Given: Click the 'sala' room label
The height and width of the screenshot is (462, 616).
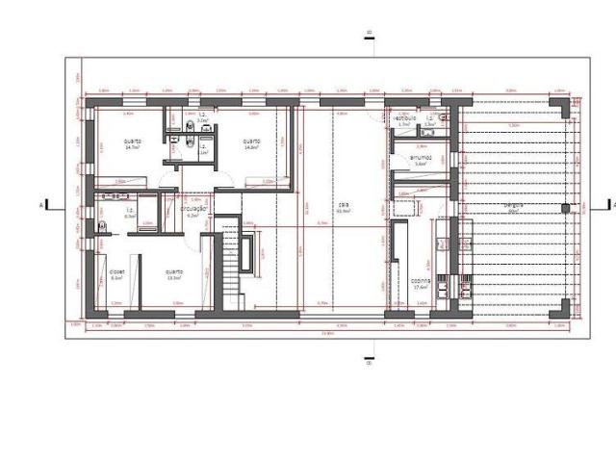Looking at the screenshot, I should [x=343, y=204].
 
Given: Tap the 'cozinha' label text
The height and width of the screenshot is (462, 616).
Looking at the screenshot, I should [x=420, y=281].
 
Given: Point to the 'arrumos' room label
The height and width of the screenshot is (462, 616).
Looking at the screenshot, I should [x=420, y=158].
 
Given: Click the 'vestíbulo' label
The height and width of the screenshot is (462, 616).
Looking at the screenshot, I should [x=403, y=117].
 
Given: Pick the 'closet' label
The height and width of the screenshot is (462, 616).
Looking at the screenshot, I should [x=116, y=271].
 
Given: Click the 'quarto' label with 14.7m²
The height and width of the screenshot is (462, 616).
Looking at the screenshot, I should [x=133, y=141].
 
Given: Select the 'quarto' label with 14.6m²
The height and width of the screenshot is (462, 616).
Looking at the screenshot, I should [x=251, y=141].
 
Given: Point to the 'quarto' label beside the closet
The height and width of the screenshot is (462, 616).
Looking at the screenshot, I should [x=174, y=271].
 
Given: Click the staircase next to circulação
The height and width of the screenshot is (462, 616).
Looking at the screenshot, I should [x=229, y=260].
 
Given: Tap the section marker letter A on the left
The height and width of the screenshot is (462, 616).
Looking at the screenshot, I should [x=41, y=205].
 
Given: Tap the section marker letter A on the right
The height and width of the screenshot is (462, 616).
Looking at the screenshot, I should [x=608, y=204].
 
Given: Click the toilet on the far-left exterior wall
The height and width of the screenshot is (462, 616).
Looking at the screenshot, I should [x=101, y=227].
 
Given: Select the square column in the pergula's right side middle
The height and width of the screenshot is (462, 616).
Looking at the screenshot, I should [x=566, y=207].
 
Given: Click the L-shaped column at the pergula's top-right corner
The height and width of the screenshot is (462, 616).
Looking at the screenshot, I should [x=560, y=103].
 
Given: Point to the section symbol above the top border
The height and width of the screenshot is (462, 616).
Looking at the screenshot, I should [x=368, y=35].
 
